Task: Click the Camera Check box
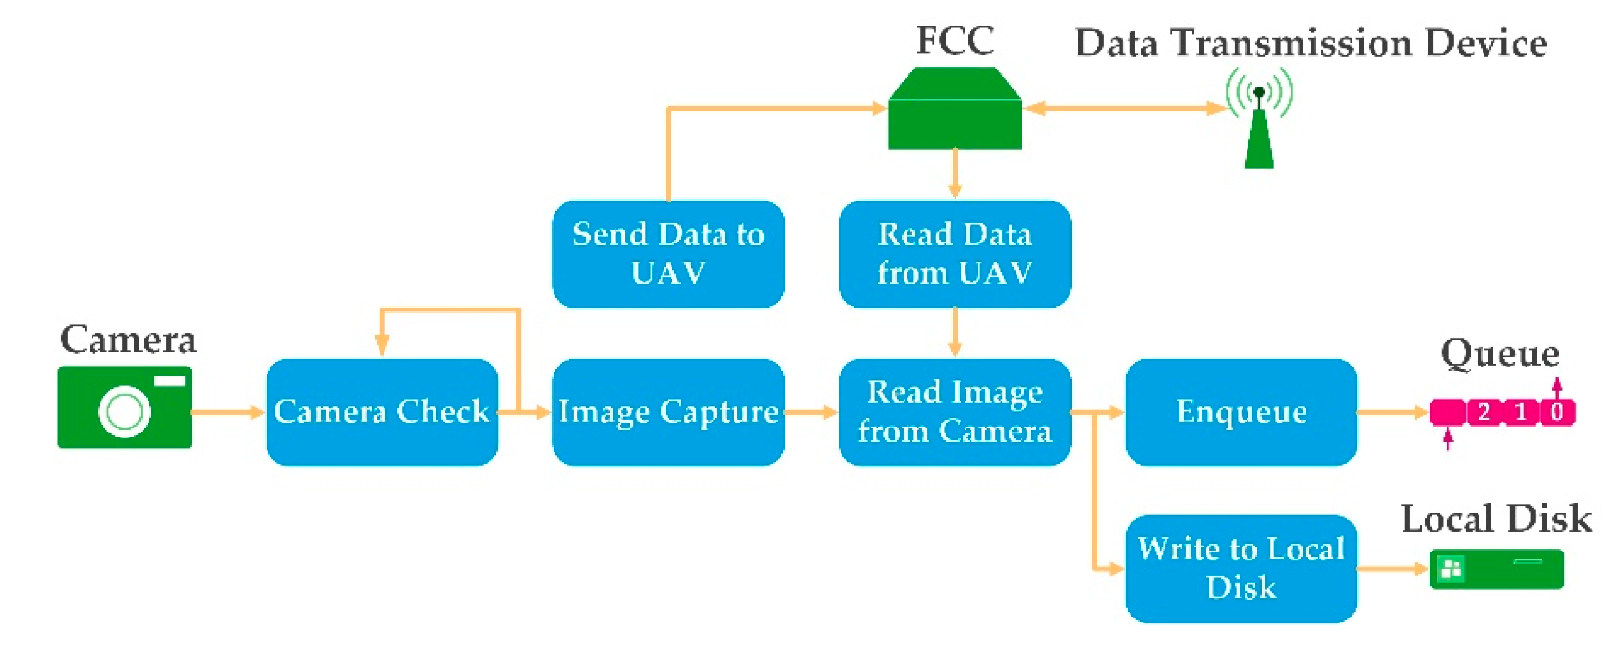382,412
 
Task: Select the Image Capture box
668,412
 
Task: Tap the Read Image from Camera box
955,412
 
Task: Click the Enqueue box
1241,412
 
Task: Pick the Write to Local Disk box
1241,569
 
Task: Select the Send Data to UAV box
668,253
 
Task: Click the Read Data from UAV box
955,253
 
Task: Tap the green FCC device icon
955,113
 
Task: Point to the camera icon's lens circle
125,412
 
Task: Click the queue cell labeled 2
1483,412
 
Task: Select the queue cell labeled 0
1557,412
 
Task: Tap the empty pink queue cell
1448,412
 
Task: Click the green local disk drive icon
1496,569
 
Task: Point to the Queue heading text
1499,354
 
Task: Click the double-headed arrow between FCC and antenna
1125,108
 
